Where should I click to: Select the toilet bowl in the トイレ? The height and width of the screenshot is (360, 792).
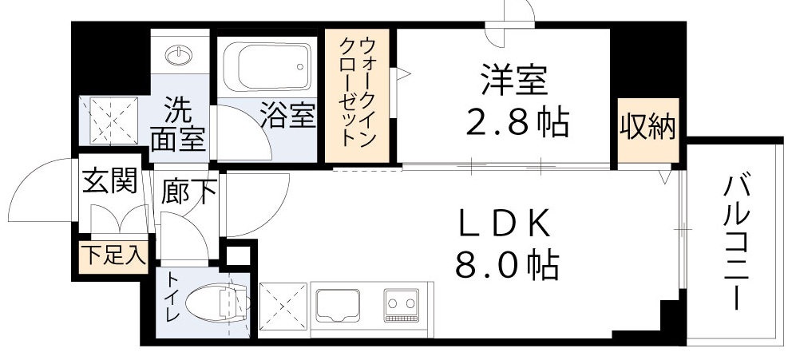[x=210, y=304]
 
